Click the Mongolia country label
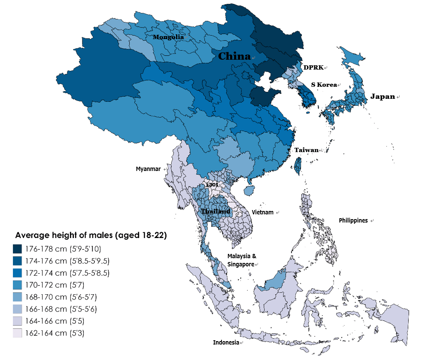[x=168, y=37]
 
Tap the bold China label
[x=234, y=56]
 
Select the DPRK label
[x=313, y=68]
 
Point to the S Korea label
[x=324, y=85]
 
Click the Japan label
[x=382, y=97]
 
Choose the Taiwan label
[x=306, y=150]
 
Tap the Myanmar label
[x=148, y=169]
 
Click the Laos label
[x=212, y=184]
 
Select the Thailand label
[x=216, y=212]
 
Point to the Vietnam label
[x=263, y=212]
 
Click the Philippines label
[x=353, y=220]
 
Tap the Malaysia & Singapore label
[x=242, y=260]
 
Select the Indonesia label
[x=226, y=342]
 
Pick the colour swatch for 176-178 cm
[x=18, y=249]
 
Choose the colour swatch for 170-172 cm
[x=18, y=285]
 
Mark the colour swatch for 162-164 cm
[x=18, y=333]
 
